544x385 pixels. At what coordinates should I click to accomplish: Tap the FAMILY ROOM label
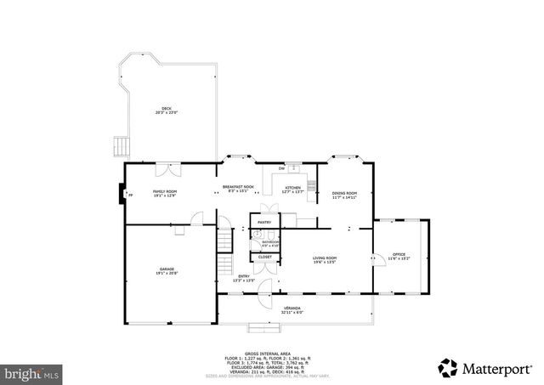click(x=164, y=193)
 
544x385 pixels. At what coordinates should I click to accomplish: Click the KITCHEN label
click(x=292, y=189)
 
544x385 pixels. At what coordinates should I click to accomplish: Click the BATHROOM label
click(x=265, y=243)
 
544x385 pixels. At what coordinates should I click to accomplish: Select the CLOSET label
click(x=265, y=257)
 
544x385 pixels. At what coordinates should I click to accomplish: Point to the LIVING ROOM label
click(x=325, y=259)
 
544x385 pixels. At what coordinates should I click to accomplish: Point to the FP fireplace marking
click(x=130, y=195)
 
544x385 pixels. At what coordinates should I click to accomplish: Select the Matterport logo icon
click(x=447, y=368)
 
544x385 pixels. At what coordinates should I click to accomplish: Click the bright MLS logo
click(x=32, y=372)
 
